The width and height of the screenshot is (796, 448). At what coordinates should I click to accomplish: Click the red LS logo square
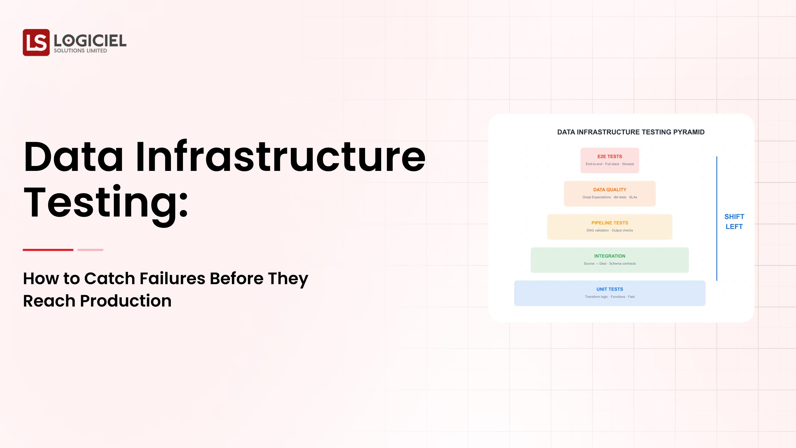tap(36, 42)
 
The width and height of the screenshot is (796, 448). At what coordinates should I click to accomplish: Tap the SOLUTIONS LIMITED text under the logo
tap(80, 51)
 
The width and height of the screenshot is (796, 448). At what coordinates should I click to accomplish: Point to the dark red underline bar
tap(48, 250)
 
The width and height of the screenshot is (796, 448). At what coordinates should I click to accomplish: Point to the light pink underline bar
tap(90, 250)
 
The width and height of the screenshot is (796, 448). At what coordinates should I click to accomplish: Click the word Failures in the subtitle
tap(172, 278)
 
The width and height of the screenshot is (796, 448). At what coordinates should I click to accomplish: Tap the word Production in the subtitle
tap(126, 301)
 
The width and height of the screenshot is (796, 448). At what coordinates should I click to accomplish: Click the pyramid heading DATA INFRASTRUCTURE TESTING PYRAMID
tap(631, 132)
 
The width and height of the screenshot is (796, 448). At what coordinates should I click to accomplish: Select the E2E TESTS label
tap(610, 157)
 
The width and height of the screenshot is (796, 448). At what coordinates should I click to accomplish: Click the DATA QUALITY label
tap(610, 189)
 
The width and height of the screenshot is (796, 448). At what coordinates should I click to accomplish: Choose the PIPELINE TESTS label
tap(610, 223)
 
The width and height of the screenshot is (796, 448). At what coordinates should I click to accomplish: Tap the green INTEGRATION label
tap(610, 256)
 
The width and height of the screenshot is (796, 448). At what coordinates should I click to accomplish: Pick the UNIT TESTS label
tap(610, 289)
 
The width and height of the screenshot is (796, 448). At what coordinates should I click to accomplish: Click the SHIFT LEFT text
tap(734, 221)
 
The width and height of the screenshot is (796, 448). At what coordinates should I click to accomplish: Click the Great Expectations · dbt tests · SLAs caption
tap(610, 197)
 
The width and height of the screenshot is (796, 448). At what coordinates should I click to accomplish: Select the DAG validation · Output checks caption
tap(610, 230)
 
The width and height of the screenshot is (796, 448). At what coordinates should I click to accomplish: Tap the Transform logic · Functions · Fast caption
tap(610, 297)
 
